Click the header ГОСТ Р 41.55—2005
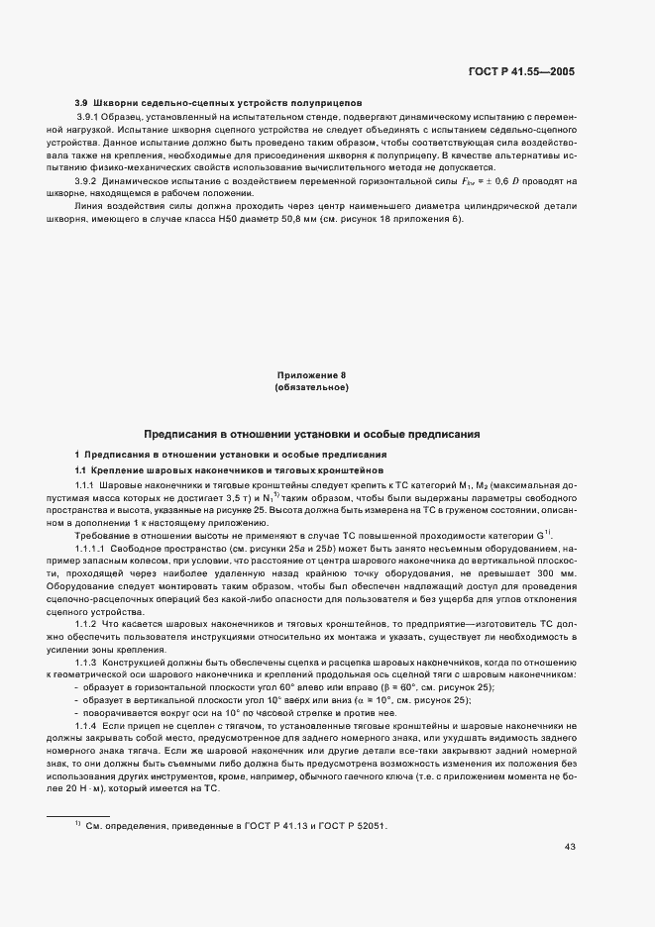[x=528, y=72]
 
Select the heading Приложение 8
[x=311, y=375]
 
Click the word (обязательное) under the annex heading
[x=311, y=387]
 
